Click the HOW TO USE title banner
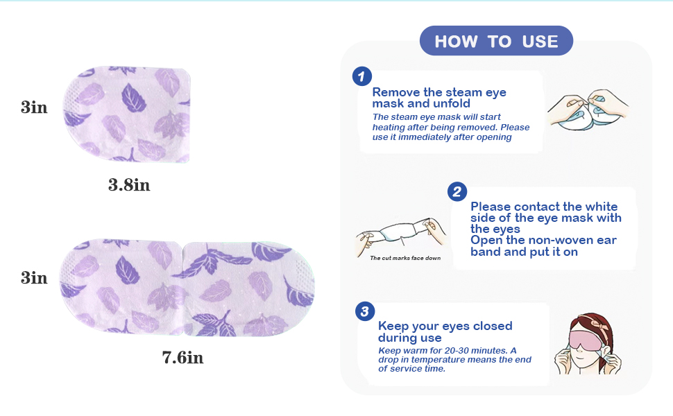pyautogui.click(x=496, y=42)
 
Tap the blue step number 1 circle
pyautogui.click(x=362, y=76)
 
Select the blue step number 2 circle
pyautogui.click(x=457, y=191)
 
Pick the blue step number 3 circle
pyautogui.click(x=365, y=311)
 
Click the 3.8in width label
pyautogui.click(x=129, y=186)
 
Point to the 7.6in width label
pyautogui.click(x=182, y=358)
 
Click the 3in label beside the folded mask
pyautogui.click(x=34, y=107)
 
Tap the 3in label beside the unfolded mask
pyautogui.click(x=34, y=278)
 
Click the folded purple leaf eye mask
pyautogui.click(x=128, y=114)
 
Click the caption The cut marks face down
pyautogui.click(x=405, y=258)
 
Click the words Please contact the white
pyautogui.click(x=543, y=207)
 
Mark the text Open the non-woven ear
pyautogui.click(x=543, y=241)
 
